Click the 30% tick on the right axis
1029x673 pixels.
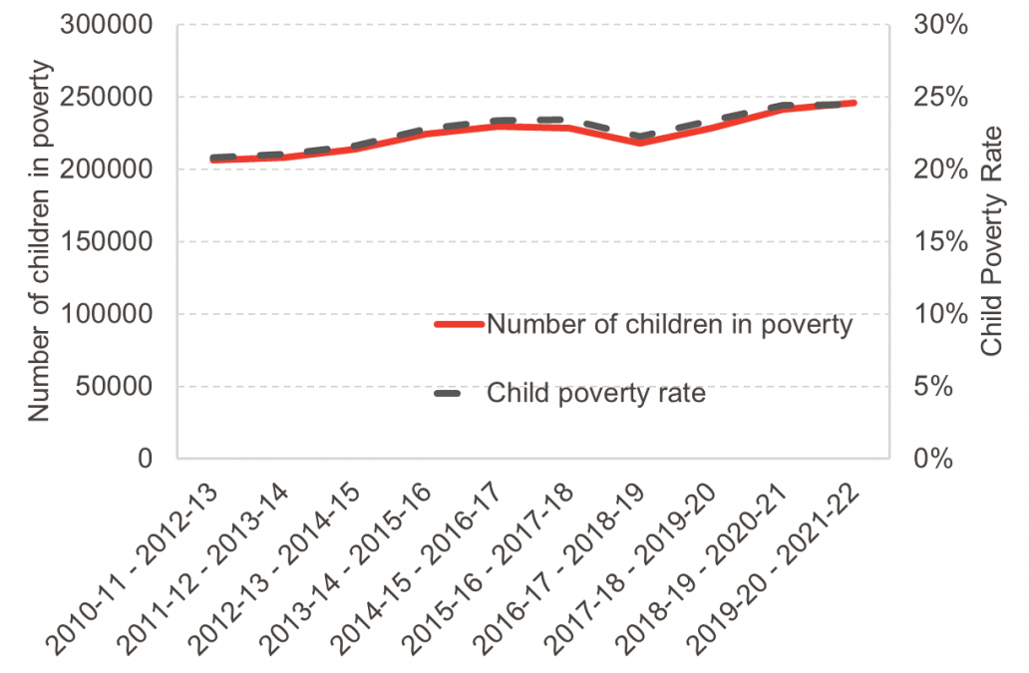coord(940,25)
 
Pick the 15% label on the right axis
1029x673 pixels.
coord(940,241)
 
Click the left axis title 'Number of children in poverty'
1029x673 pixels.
coord(39,241)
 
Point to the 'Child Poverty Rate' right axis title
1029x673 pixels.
coord(991,244)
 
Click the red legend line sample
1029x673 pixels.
coord(459,324)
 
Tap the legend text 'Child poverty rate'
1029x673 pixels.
coord(596,394)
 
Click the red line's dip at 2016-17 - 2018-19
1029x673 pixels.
coord(641,143)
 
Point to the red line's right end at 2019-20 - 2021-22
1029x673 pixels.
coord(854,103)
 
